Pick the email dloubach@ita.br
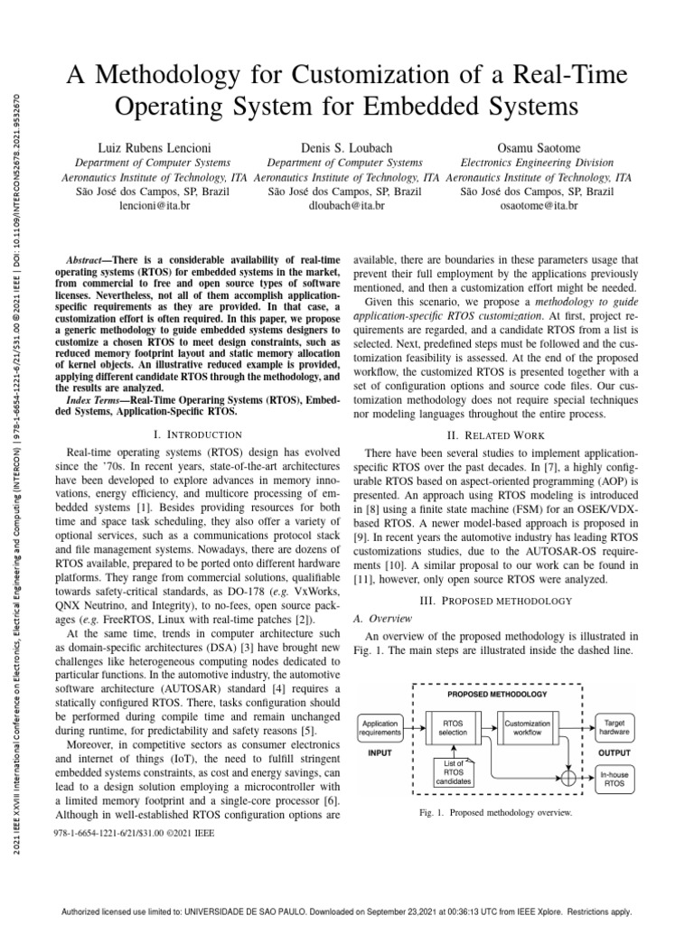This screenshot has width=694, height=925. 347,206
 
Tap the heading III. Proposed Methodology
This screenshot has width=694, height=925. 498,601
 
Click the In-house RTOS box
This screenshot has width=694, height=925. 617,780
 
